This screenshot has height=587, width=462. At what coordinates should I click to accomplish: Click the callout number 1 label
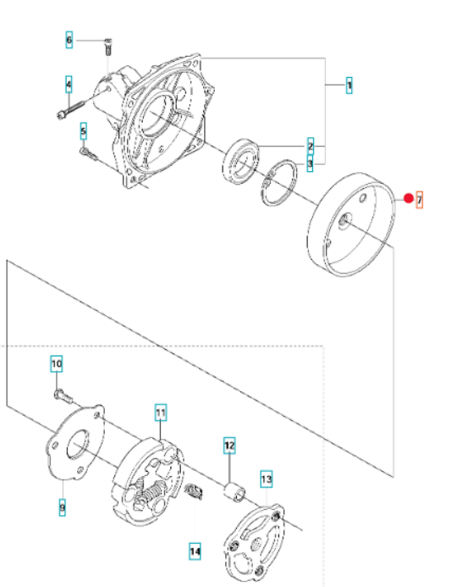click(x=349, y=86)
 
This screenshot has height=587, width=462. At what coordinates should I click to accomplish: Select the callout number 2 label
click(x=311, y=146)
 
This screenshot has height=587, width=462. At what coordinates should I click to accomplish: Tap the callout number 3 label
click(x=310, y=163)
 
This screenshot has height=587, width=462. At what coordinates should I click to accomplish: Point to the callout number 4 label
click(x=69, y=85)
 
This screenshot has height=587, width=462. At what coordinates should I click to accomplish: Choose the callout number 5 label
click(x=83, y=131)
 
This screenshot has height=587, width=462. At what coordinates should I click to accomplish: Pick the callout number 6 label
click(x=69, y=40)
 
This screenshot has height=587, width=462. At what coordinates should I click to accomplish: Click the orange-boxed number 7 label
click(x=420, y=200)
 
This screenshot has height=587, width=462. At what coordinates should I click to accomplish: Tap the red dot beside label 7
click(x=409, y=198)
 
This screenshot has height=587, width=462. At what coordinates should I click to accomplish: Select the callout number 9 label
click(x=62, y=507)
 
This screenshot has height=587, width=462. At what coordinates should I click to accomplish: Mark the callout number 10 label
click(x=56, y=363)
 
